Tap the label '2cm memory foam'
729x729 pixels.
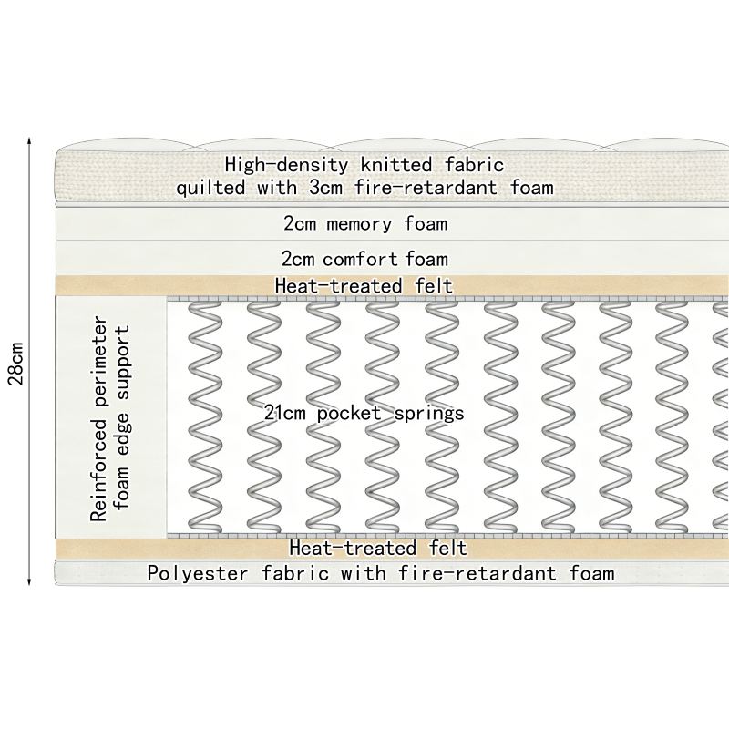(364, 223)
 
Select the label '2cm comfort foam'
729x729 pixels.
(364, 259)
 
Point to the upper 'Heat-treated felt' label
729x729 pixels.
(364, 286)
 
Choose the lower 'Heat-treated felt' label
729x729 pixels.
(378, 549)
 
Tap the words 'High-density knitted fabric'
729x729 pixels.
(364, 165)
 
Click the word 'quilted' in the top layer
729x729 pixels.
(210, 189)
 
